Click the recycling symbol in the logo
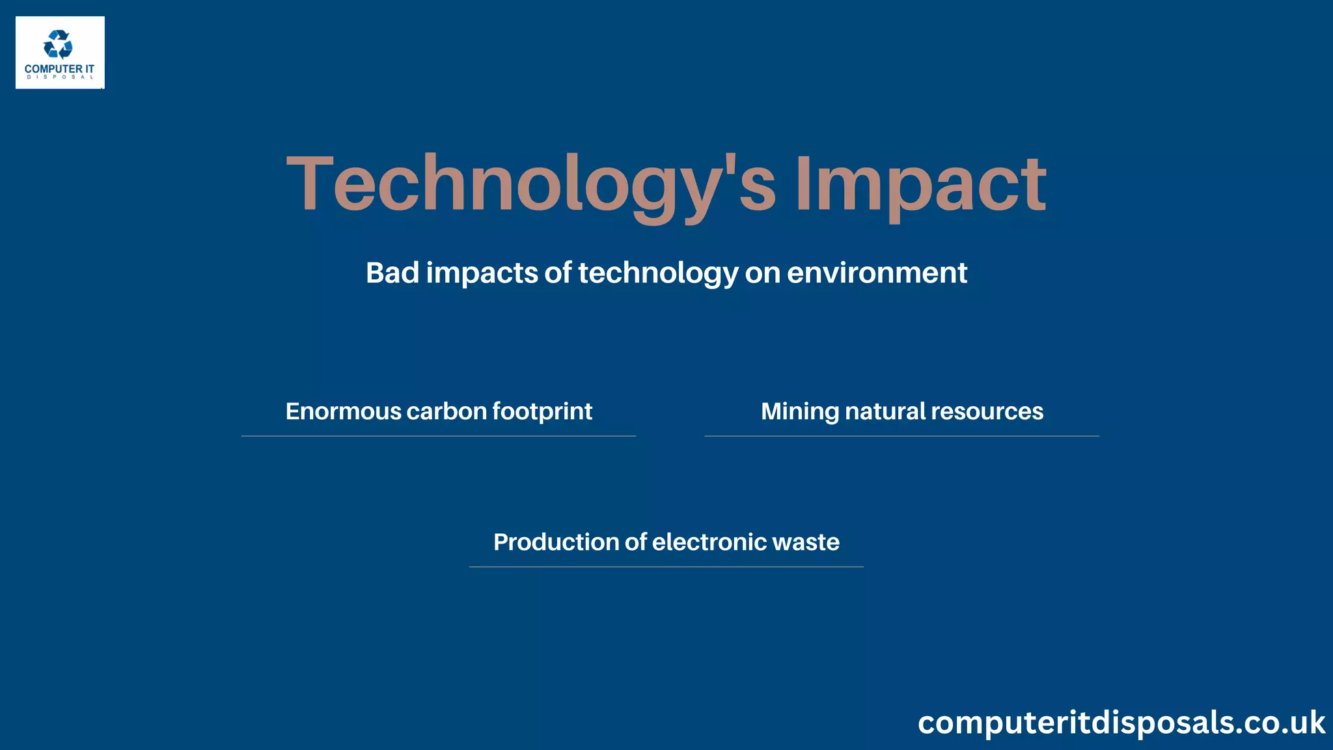tap(58, 45)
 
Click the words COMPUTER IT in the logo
tap(59, 68)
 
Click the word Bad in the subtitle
tap(392, 272)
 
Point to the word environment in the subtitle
tap(877, 272)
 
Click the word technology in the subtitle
tap(658, 273)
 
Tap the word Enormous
tap(343, 411)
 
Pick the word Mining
tap(799, 411)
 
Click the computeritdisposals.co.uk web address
tap(1121, 723)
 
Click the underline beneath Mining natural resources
tap(901, 436)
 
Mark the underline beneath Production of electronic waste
tap(666, 567)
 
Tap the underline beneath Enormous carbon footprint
tap(438, 436)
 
